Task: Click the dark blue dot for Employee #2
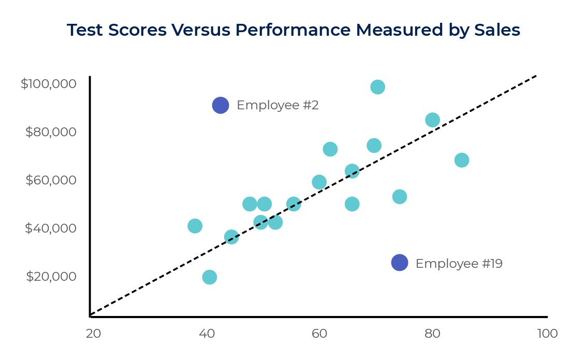[x=221, y=105]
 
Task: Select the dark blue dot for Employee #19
[x=399, y=263]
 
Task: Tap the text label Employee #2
[x=277, y=105]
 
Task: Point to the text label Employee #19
[x=459, y=264]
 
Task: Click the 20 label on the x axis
[x=93, y=334]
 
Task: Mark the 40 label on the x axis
[x=207, y=334]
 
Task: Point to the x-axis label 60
[x=319, y=334]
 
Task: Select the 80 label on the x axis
[x=432, y=334]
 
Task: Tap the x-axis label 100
[x=547, y=334]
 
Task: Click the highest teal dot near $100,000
[x=378, y=87]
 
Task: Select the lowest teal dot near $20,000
[x=209, y=277]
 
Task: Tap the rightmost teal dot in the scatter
[x=462, y=160]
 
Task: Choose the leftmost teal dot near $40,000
[x=195, y=226]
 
